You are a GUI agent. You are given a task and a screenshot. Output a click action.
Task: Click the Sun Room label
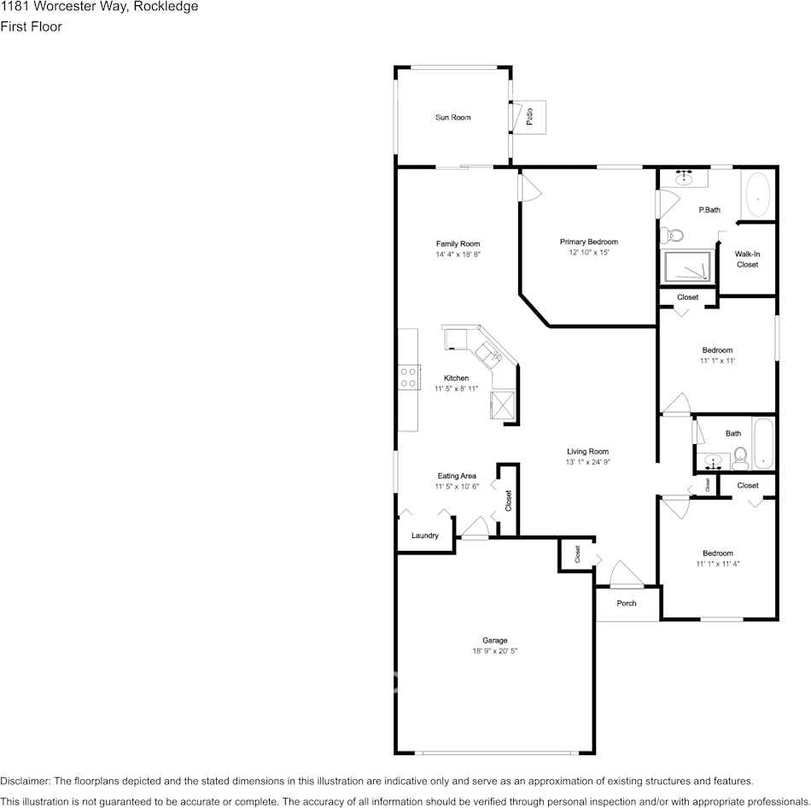pyautogui.click(x=453, y=118)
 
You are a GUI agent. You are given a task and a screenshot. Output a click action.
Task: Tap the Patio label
pyautogui.click(x=529, y=116)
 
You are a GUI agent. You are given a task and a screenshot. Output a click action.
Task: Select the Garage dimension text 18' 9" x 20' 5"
pyautogui.click(x=495, y=651)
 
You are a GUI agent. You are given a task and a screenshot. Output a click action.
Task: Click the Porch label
pyautogui.click(x=627, y=603)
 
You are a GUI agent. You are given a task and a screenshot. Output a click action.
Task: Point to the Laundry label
pyautogui.click(x=425, y=536)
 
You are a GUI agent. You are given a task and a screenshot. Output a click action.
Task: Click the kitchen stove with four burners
pyautogui.click(x=409, y=377)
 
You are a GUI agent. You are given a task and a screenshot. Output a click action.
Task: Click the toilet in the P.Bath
pyautogui.click(x=672, y=236)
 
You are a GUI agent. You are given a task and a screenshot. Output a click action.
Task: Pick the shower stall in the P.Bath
pyautogui.click(x=687, y=266)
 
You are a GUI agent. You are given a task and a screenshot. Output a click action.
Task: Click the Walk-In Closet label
pyautogui.click(x=747, y=260)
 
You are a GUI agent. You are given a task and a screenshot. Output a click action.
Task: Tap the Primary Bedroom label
pyautogui.click(x=588, y=242)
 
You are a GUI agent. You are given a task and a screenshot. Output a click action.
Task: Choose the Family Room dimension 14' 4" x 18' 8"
pyautogui.click(x=458, y=255)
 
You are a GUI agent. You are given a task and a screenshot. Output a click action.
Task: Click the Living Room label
pyautogui.click(x=587, y=451)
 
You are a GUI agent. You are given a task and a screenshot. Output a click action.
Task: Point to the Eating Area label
pyautogui.click(x=457, y=476)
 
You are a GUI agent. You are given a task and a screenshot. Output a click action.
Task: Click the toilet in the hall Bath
pyautogui.click(x=740, y=458)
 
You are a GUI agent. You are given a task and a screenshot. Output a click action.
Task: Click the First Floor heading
pyautogui.click(x=31, y=26)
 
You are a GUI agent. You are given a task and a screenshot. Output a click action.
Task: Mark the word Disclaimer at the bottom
pyautogui.click(x=25, y=781)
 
